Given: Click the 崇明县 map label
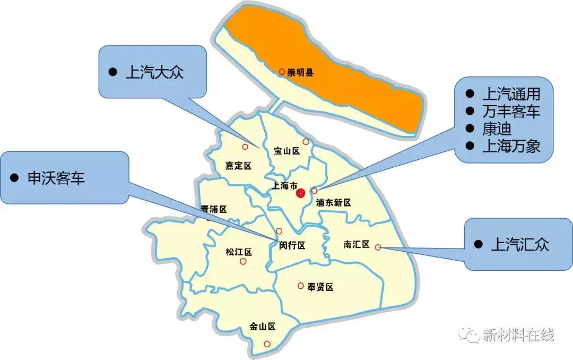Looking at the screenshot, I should pos(300,73).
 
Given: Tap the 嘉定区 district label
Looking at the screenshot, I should pos(238,166).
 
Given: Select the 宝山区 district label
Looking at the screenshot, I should pos(287,151).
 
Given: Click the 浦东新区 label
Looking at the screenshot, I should pos(333,202).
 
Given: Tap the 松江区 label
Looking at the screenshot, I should pos(238,252).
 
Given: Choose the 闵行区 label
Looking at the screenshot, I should pos(292,245).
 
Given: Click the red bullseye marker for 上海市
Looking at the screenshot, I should pos(301,193).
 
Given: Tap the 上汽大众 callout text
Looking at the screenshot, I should pos(154,73).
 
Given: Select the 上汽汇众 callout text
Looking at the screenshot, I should pos(520,244).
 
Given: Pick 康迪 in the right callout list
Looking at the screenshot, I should pos(497,129).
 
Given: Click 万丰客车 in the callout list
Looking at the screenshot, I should pos(511,112).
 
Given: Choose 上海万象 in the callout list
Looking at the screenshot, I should pos(511,146).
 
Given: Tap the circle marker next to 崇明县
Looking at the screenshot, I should pos(282,72).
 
